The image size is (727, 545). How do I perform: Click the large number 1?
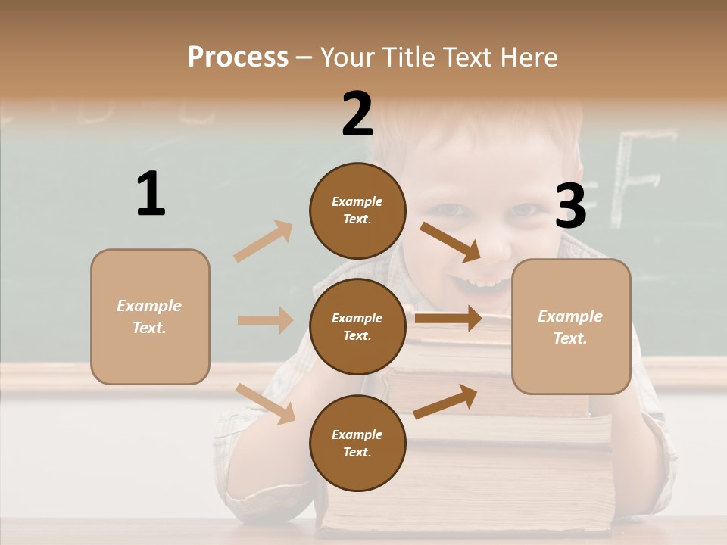151,194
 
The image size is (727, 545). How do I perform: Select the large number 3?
570,206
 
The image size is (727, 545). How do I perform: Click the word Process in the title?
238,58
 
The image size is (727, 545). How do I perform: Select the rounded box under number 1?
150,316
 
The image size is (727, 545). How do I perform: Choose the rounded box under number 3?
571,326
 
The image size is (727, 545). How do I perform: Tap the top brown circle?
357,210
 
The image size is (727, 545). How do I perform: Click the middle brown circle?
357,326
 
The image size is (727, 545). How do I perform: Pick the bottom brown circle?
357,443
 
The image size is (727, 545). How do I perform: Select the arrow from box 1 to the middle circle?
265,320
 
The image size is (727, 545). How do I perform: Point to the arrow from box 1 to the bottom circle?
265,403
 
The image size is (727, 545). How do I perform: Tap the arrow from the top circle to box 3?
451,241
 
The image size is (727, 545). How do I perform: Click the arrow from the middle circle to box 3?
448,318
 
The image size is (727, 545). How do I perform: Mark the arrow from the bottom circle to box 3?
445,402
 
